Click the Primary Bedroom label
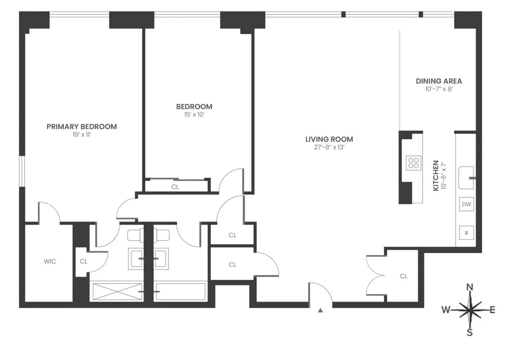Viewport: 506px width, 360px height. coord(82,127)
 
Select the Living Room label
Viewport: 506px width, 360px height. coord(329,139)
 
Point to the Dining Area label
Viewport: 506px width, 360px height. coord(439,81)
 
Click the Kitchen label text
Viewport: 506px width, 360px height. coord(436,176)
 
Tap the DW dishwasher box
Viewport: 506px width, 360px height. coord(467,205)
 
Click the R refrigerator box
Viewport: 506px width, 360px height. coord(467,233)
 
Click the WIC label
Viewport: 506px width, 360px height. coord(50,261)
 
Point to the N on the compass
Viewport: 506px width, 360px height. coord(470,287)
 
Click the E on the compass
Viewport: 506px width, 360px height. coord(492,310)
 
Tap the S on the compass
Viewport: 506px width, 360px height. coord(469,332)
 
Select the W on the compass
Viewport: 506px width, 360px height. coord(446,310)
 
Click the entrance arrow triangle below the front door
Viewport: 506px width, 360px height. coord(320,311)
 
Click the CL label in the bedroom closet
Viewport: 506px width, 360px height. coord(175,187)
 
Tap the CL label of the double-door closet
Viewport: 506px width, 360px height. coord(403,276)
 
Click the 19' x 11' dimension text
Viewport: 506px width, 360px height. coord(81,135)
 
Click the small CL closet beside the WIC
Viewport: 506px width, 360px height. coord(84,261)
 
